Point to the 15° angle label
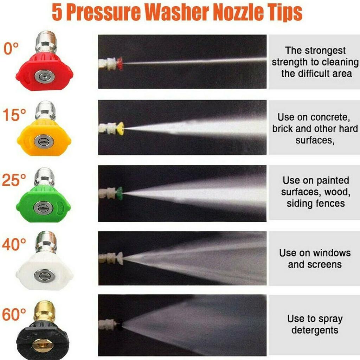[x=14, y=115]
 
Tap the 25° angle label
[x=14, y=180]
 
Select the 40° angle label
[x=14, y=245]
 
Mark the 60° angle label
[x=14, y=314]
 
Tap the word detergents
[x=315, y=330]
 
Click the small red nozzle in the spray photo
[x=120, y=63]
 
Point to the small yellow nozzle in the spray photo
[x=120, y=129]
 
